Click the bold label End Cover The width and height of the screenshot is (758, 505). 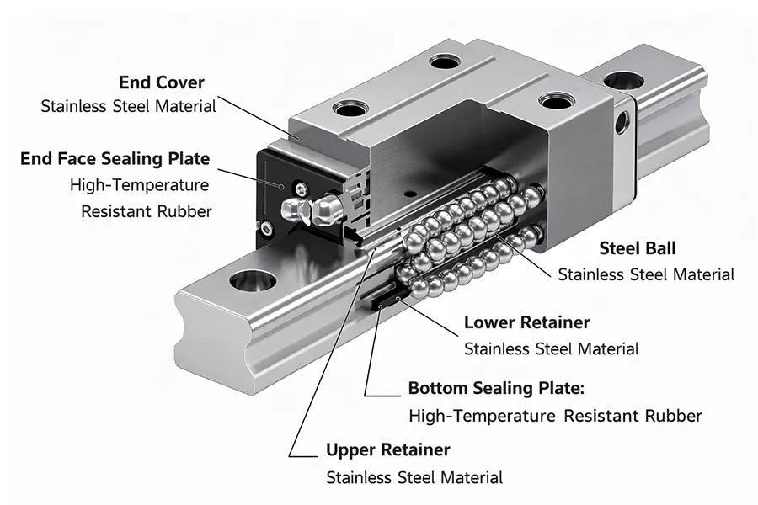(x=161, y=82)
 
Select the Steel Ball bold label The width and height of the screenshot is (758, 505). (x=637, y=248)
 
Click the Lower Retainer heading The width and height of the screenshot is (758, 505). (x=526, y=322)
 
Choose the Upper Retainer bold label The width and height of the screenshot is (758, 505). (x=387, y=449)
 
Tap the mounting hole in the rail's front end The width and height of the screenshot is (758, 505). (x=252, y=280)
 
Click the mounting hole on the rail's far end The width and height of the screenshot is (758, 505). (x=623, y=81)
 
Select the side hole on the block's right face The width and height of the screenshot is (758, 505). (x=622, y=123)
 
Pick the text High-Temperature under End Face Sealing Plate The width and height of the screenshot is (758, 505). (x=139, y=184)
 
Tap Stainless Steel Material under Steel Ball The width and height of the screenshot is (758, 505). (x=646, y=274)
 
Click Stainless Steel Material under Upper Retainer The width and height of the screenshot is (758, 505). (x=414, y=477)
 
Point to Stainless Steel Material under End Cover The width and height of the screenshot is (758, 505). (x=128, y=106)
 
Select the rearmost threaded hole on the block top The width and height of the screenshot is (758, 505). (x=444, y=61)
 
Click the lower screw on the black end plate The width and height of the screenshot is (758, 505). (x=267, y=228)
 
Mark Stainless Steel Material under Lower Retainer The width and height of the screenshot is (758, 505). (x=551, y=348)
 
